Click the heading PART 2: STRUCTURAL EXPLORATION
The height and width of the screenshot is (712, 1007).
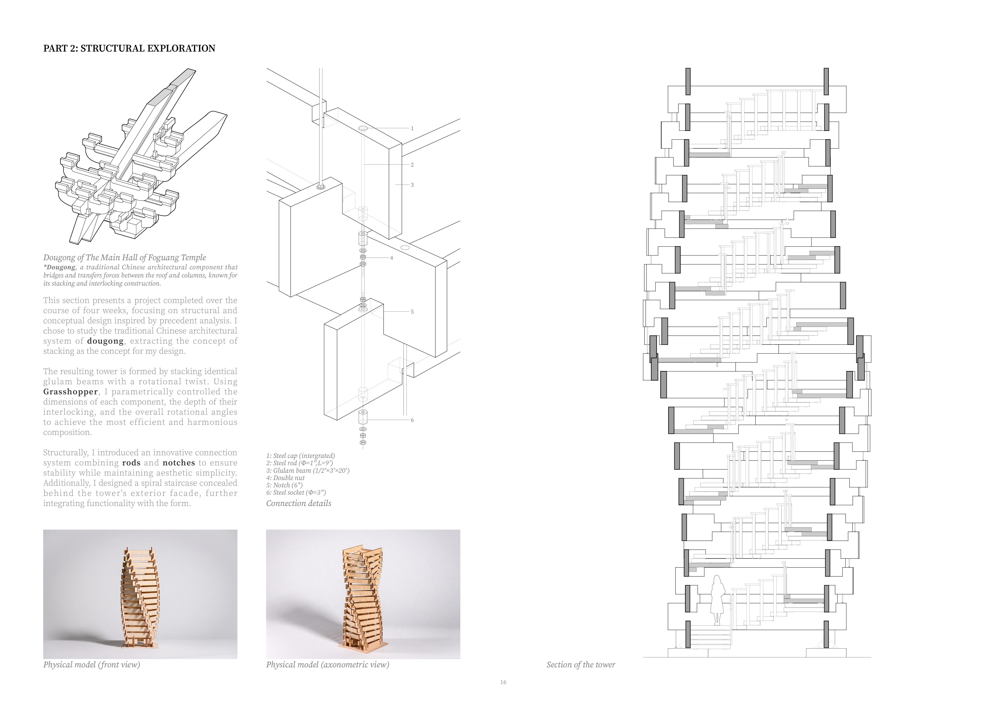(x=129, y=48)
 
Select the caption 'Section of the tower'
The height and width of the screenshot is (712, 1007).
(x=581, y=665)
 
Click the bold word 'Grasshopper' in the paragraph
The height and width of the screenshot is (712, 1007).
(x=70, y=392)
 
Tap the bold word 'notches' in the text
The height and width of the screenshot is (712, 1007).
(x=178, y=463)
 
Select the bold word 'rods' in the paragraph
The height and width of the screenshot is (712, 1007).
(x=131, y=463)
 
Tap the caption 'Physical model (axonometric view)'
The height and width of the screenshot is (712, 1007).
(x=327, y=665)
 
